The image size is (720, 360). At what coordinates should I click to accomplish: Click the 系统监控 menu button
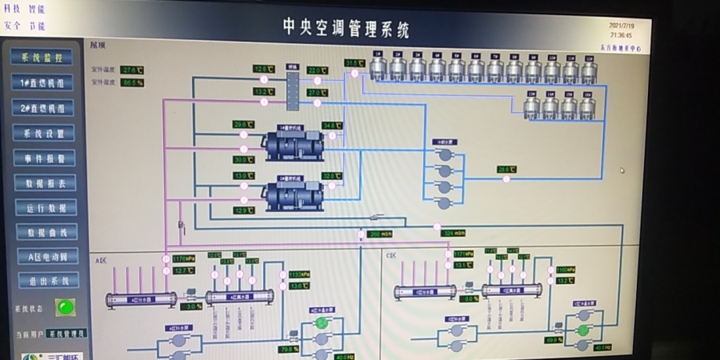click(x=42, y=58)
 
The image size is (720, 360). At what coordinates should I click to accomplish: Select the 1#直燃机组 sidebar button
click(x=43, y=82)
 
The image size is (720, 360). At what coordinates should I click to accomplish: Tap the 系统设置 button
click(x=45, y=133)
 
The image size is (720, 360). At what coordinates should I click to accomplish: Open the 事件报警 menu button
click(x=46, y=158)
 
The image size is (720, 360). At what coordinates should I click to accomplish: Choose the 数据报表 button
click(x=46, y=183)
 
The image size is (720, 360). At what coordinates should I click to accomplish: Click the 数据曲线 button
click(x=47, y=233)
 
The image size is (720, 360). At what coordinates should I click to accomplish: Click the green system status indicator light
click(x=64, y=306)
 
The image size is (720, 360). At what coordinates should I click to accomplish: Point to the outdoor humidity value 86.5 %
click(x=132, y=82)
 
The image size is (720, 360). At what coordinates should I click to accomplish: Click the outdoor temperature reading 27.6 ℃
click(x=132, y=70)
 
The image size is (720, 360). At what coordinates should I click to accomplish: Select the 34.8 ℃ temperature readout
click(x=332, y=126)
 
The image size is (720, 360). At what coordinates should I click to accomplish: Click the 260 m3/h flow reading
click(x=379, y=234)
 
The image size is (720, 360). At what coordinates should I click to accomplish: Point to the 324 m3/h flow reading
click(x=454, y=233)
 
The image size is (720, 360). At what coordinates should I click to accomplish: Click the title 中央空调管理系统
click(x=346, y=30)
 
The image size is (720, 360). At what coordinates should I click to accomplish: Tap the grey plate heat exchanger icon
click(x=292, y=86)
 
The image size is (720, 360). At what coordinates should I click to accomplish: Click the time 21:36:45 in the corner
click(x=621, y=35)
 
